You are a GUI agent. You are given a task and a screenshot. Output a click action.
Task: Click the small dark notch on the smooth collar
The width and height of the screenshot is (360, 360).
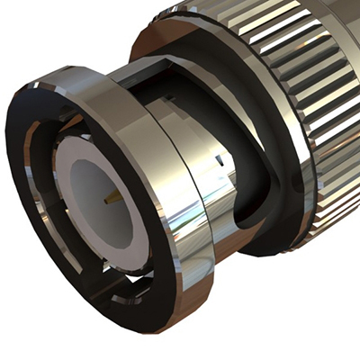tap(219, 160)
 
